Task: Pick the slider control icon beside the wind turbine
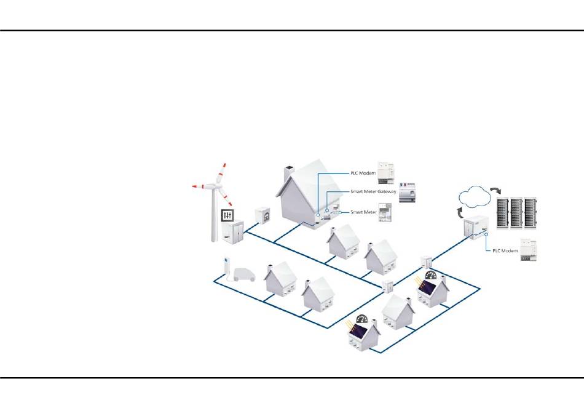tap(227, 216)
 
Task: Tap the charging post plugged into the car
tap(226, 266)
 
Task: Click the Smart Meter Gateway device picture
tap(409, 193)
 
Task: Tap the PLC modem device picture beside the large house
tap(390, 172)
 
